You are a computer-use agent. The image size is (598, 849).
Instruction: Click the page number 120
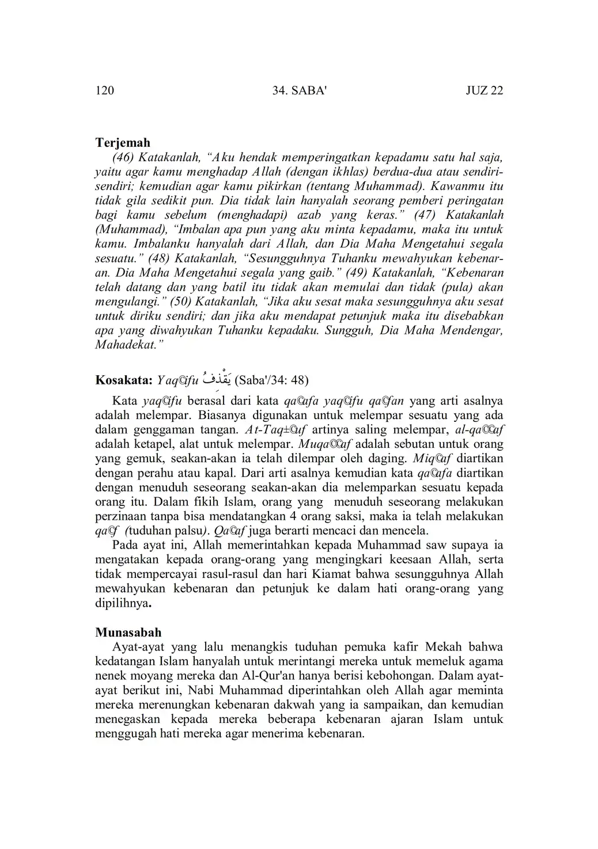tap(104, 91)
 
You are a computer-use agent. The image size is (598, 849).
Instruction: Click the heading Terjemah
tap(122, 142)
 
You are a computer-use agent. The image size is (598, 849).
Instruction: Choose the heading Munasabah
tap(128, 632)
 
